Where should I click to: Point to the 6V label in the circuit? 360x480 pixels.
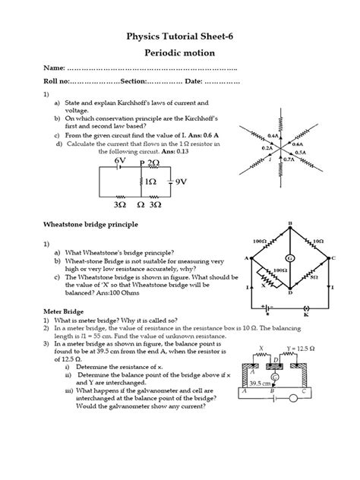(x=120, y=162)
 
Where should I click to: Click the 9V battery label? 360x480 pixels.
(x=181, y=183)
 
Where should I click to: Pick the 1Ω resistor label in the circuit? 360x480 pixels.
(x=151, y=183)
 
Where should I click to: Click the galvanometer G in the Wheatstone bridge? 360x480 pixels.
(x=289, y=256)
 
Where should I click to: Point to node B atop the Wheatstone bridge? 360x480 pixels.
(x=289, y=223)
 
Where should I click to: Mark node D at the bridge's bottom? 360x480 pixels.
(x=289, y=293)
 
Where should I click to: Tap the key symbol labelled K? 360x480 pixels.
(x=306, y=320)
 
